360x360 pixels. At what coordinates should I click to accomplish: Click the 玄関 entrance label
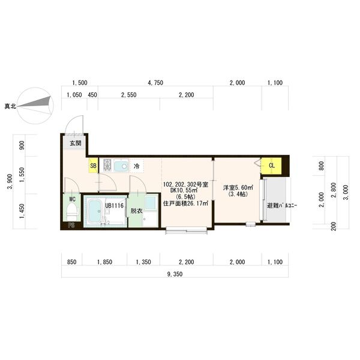[76, 143]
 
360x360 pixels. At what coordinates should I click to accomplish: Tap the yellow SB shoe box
[93, 166]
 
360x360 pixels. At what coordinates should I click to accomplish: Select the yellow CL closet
[271, 166]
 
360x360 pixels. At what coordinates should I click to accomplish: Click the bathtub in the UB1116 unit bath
[95, 211]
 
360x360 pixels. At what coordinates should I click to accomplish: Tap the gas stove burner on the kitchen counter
[107, 166]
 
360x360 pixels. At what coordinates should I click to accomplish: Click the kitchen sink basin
[121, 166]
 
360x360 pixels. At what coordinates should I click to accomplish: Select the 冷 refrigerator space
[137, 166]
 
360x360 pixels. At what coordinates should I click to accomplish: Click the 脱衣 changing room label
[136, 211]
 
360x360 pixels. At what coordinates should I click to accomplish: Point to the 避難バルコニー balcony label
[282, 206]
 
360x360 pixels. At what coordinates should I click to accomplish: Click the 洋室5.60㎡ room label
[238, 188]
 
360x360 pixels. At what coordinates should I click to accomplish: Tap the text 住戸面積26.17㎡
[185, 203]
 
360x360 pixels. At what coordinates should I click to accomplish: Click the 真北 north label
[11, 106]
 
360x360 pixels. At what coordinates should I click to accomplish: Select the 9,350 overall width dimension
[175, 274]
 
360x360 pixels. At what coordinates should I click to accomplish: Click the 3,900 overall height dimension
[10, 182]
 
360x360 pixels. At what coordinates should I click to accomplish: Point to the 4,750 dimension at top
[155, 83]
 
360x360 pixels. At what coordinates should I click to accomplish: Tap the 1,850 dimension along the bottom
[104, 262]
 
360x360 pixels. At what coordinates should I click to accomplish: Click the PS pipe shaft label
[71, 225]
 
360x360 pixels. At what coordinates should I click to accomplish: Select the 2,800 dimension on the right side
[334, 190]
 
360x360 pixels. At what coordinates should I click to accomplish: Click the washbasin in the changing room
[151, 203]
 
